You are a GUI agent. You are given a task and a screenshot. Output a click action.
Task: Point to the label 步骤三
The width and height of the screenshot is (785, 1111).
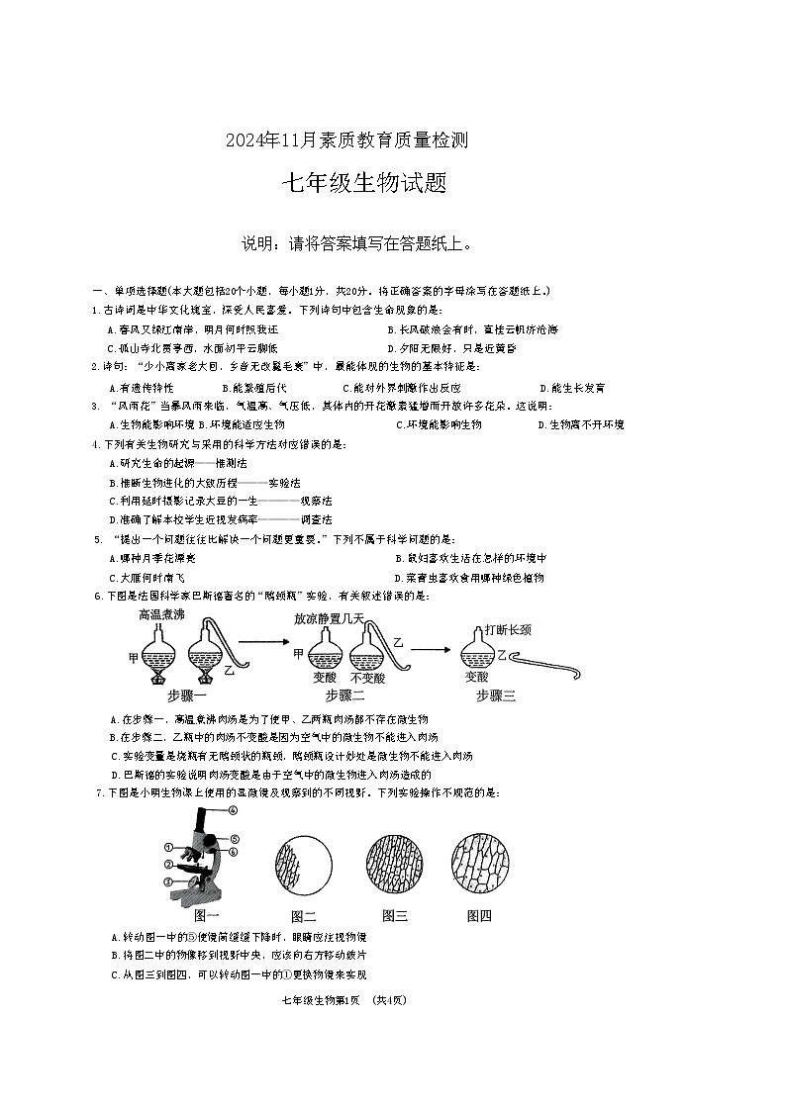pos(496,694)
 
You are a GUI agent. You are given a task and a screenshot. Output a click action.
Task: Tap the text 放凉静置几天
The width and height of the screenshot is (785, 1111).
pos(329,618)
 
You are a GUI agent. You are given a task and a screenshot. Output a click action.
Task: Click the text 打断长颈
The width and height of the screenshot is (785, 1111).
pos(507,629)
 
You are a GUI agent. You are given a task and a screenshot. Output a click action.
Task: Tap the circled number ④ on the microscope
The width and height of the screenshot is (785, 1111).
pos(234,809)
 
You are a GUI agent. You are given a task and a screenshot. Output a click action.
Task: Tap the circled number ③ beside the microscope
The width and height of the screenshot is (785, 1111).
pos(168,880)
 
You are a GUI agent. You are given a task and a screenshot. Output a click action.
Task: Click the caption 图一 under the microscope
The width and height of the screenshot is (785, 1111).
pos(207,915)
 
